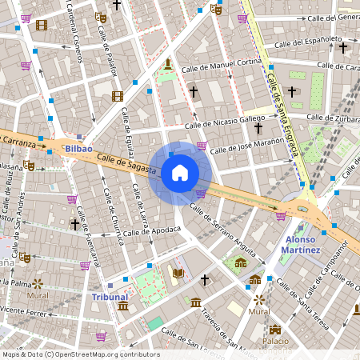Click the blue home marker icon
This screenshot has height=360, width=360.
tap(180, 173)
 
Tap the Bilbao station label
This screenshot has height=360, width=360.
tap(79, 149)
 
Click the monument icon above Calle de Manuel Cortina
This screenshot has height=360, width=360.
tap(167, 64)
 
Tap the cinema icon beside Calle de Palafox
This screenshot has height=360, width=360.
tap(118, 97)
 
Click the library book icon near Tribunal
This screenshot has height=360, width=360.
tap(178, 274)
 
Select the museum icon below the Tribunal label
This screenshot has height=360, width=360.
tap(122, 306)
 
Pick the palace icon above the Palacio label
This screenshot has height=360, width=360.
tap(275, 330)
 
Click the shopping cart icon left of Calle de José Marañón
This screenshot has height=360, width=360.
tap(202, 146)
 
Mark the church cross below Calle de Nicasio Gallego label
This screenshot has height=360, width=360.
tap(258, 127)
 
